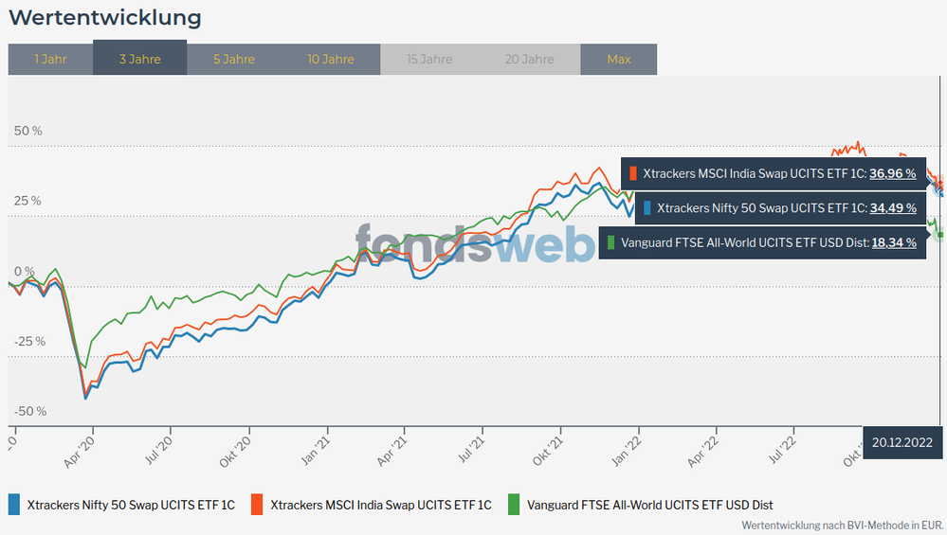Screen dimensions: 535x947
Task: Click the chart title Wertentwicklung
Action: pos(104,18)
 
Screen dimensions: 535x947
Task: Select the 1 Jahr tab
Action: pos(50,60)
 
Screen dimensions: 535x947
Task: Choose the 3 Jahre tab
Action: pos(139,60)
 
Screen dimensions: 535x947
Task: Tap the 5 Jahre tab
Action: pos(233,60)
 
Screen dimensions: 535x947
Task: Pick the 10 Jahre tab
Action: pos(331,60)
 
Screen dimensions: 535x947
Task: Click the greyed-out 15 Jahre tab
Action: pos(429,60)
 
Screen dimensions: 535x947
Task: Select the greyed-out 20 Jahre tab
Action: pos(529,60)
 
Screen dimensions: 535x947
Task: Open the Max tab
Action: pos(618,60)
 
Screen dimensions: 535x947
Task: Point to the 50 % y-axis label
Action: pos(27,131)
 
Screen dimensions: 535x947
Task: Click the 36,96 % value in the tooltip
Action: pos(893,174)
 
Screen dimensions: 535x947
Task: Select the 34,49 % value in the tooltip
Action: pos(893,208)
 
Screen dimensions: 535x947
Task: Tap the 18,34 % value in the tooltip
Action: pos(893,243)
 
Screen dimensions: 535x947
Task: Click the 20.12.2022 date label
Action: pos(902,442)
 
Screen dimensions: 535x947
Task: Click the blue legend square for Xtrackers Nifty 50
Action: pos(14,505)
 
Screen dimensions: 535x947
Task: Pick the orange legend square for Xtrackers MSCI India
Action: pos(257,505)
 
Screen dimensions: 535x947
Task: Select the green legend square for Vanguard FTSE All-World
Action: pos(515,505)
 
